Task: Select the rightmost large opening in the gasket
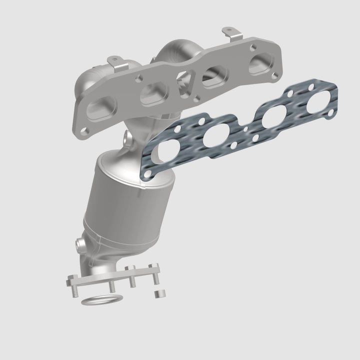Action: point(316,104)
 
